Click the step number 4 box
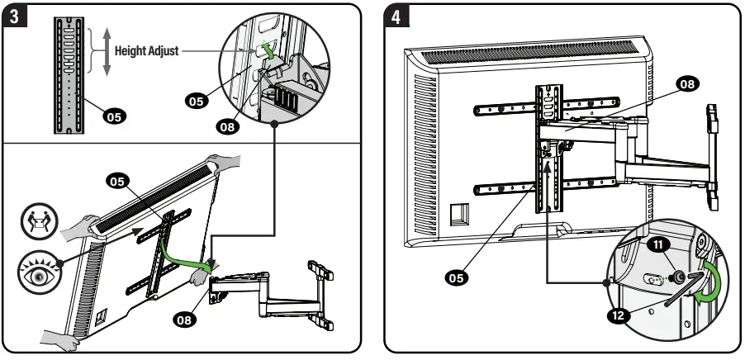(399, 17)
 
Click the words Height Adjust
(145, 50)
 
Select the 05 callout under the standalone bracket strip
(116, 117)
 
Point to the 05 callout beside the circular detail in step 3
(196, 101)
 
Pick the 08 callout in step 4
(686, 83)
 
